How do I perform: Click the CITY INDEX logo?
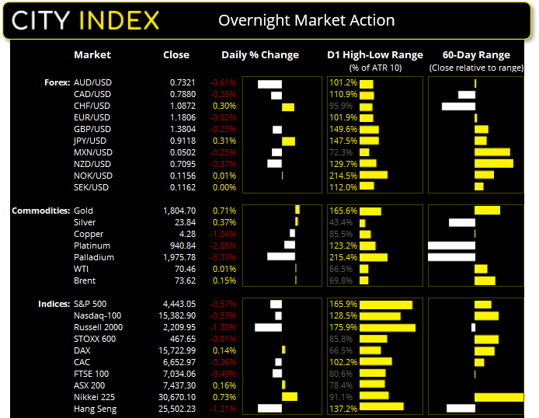[85, 20]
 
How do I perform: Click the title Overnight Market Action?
[306, 21]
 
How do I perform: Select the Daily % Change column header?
[259, 55]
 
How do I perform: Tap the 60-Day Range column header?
[475, 55]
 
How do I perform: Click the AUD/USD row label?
[92, 82]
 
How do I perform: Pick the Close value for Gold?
[172, 211]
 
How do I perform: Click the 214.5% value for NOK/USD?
[343, 176]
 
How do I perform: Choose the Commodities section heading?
[40, 211]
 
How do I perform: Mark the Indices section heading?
[53, 304]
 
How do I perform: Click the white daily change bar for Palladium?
[280, 257]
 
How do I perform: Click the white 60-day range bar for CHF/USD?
[457, 106]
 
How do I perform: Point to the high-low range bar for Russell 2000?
[388, 327]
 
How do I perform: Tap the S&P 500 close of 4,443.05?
[172, 304]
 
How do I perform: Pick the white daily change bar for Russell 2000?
[269, 327]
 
